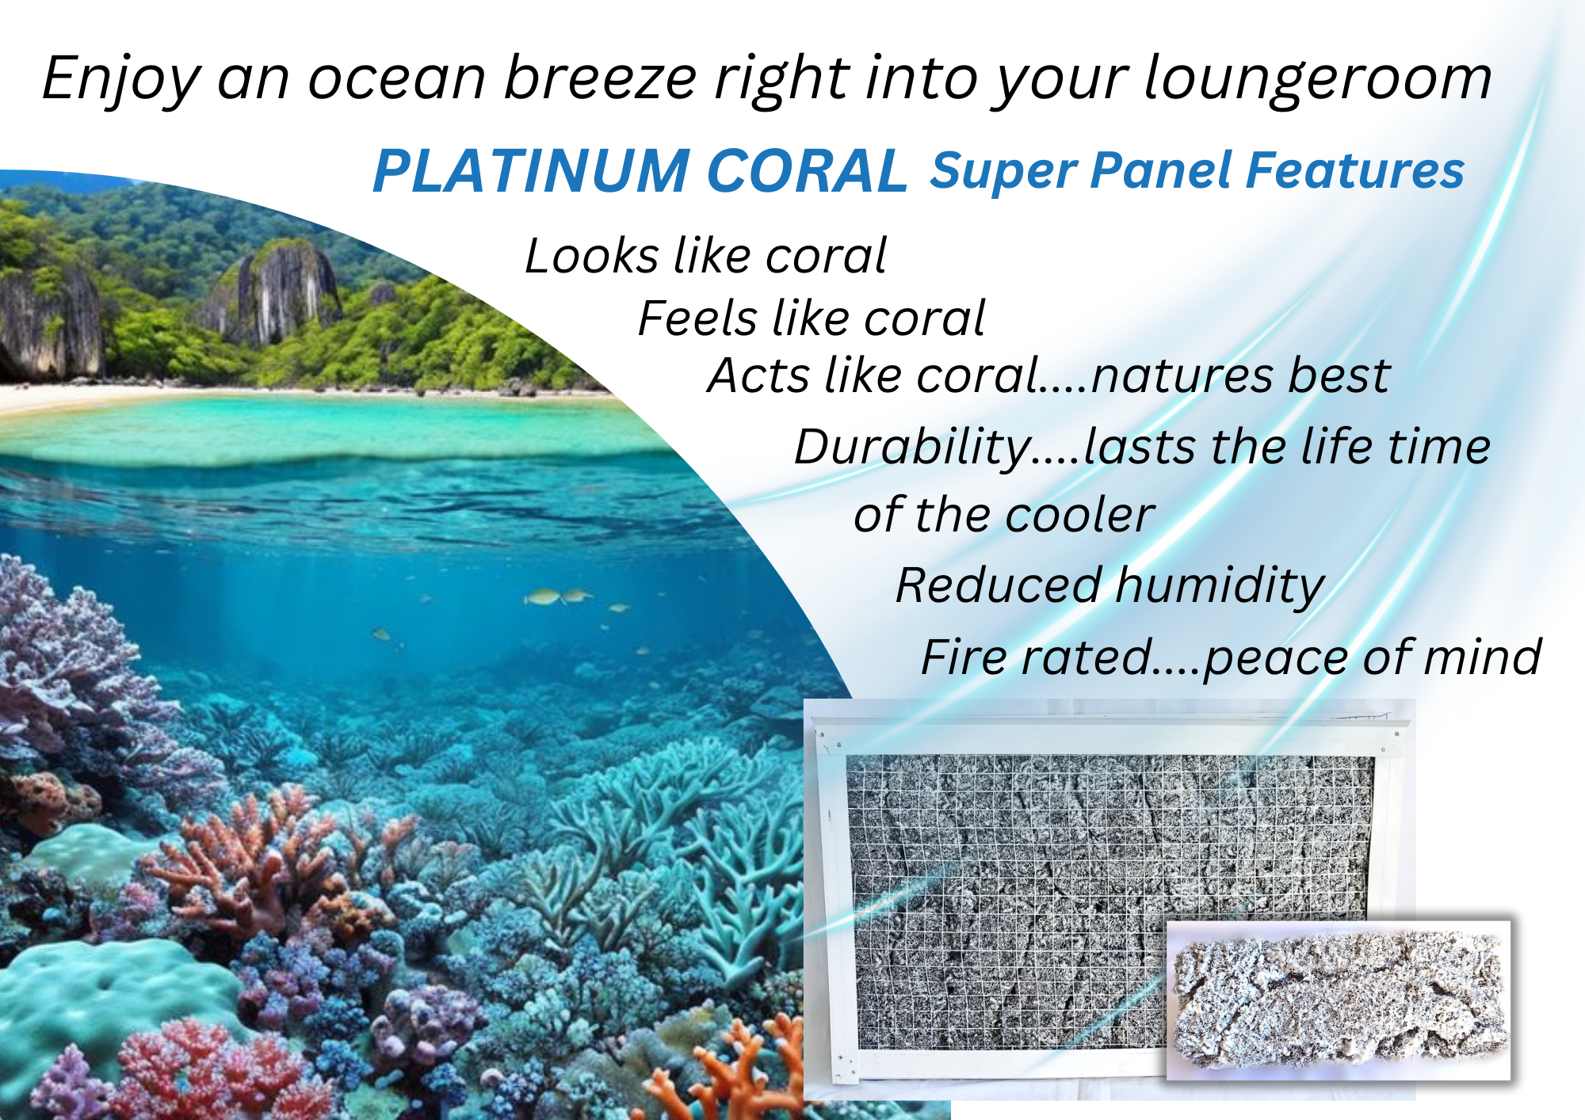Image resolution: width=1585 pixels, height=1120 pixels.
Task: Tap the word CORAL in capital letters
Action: (807, 171)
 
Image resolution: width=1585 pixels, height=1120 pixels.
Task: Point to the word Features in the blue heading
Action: (1355, 171)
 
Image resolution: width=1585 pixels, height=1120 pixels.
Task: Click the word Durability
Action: (912, 448)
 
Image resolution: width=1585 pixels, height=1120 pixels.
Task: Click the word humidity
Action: (1220, 587)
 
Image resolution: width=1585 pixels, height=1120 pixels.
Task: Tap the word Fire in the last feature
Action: (964, 657)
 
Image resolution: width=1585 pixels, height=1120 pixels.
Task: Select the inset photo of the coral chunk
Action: (1339, 1000)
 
